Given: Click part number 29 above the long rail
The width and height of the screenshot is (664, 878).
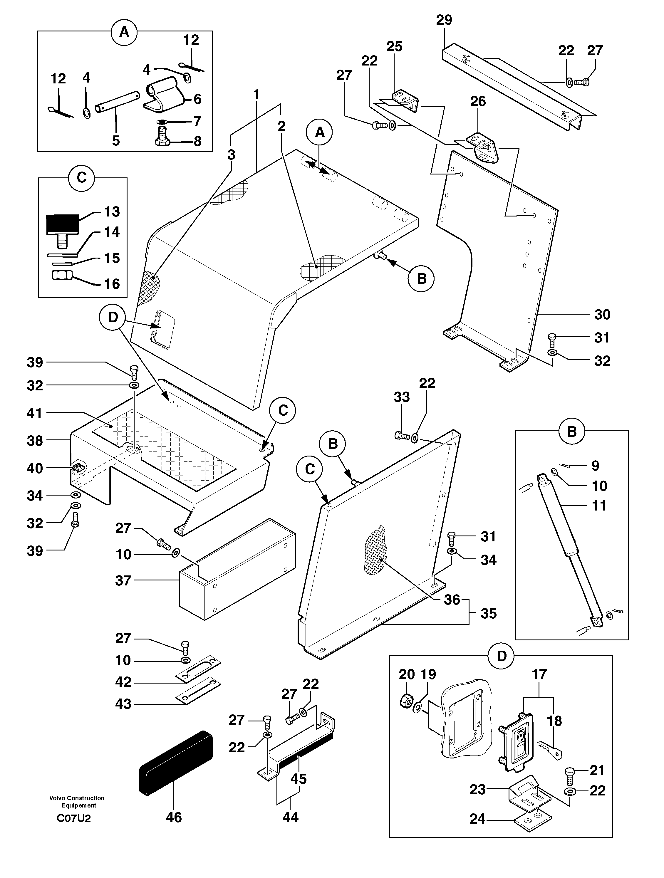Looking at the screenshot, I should point(444,20).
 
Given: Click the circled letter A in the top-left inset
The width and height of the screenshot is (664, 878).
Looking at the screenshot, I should point(124,32).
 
